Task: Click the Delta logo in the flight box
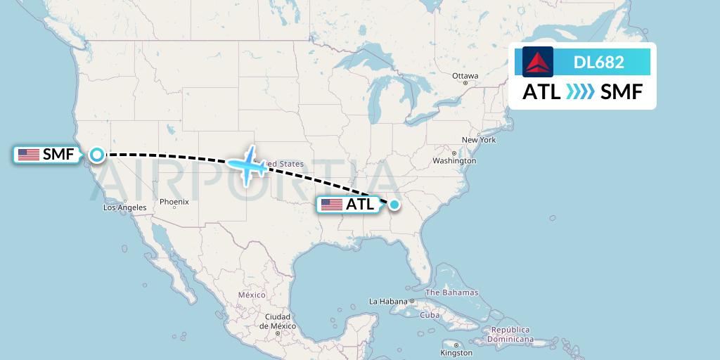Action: click(x=538, y=62)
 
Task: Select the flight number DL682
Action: click(x=599, y=62)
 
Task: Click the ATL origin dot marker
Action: click(x=394, y=205)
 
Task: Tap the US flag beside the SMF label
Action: click(x=29, y=155)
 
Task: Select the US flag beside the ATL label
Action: click(x=331, y=205)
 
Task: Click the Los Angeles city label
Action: click(x=125, y=207)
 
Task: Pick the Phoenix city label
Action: click(x=174, y=202)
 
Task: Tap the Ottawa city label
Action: click(x=465, y=76)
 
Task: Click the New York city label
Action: click(x=479, y=140)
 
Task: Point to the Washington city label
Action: click(x=454, y=161)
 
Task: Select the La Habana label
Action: click(x=388, y=301)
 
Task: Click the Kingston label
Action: click(x=456, y=353)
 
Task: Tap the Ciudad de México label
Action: click(x=277, y=321)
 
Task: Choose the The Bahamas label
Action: click(x=451, y=292)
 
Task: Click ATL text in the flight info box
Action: click(x=541, y=92)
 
